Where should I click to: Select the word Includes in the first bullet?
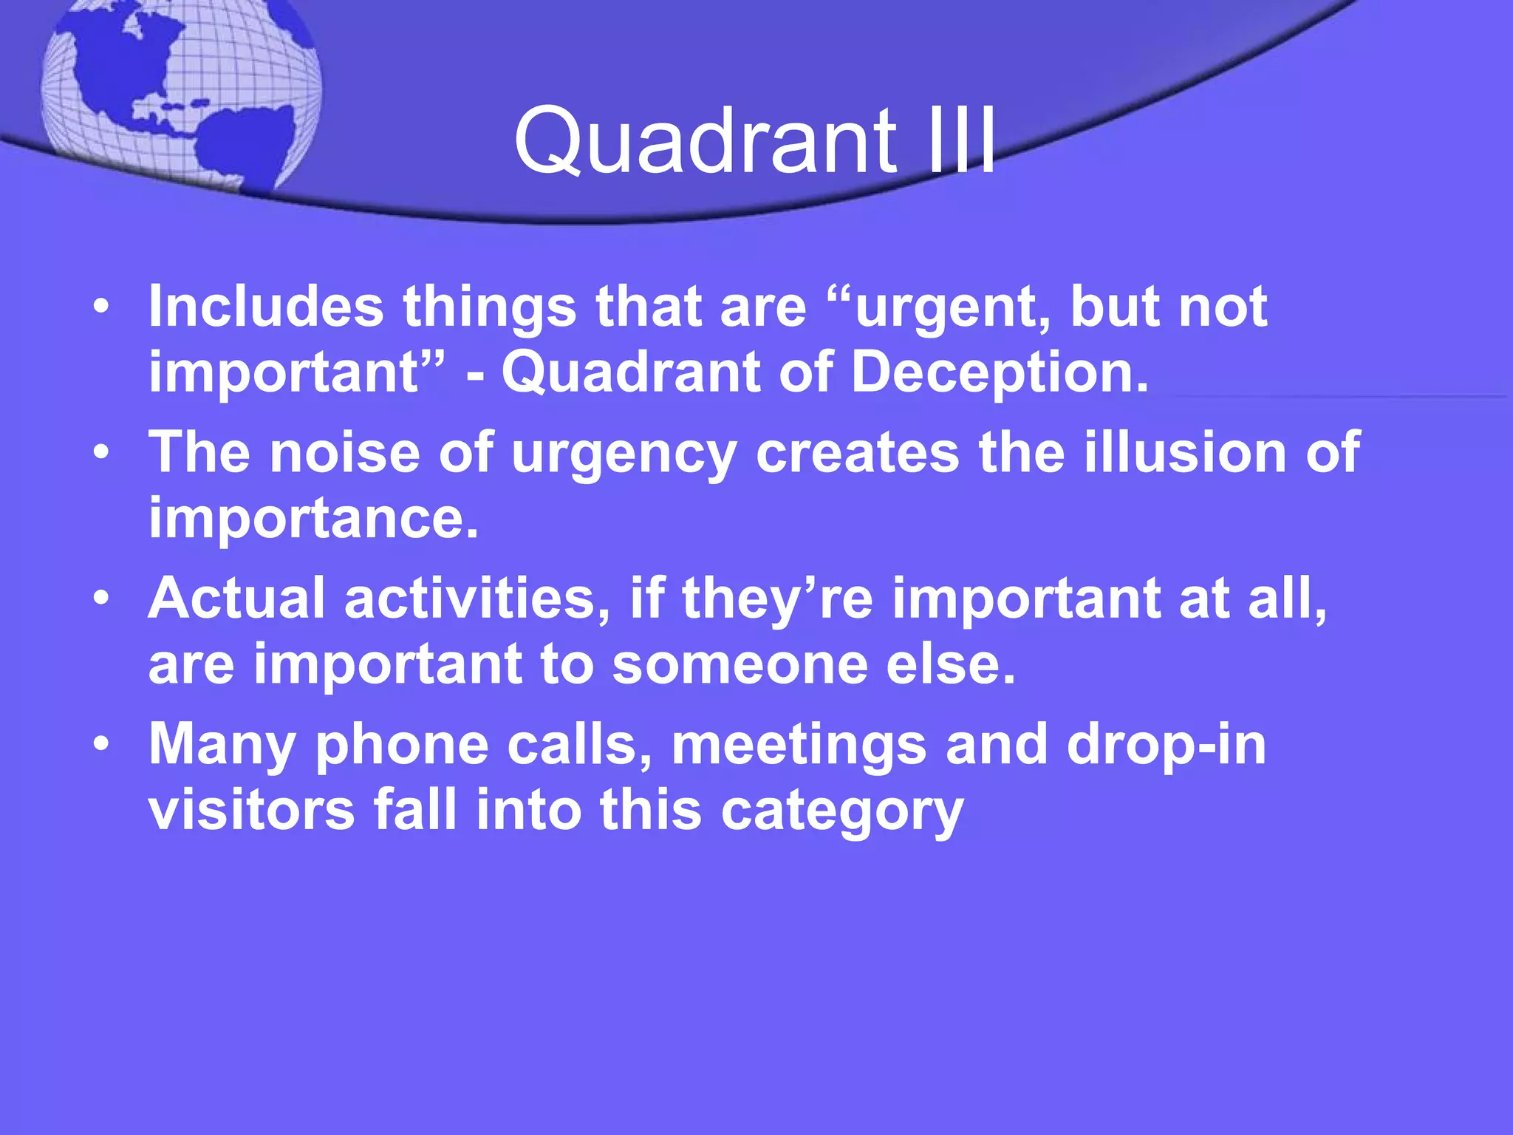pos(266,306)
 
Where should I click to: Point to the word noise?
pos(344,452)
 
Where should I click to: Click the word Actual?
pos(236,598)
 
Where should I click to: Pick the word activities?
pos(477,598)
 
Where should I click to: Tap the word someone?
pos(739,664)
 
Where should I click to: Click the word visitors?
pos(251,810)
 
